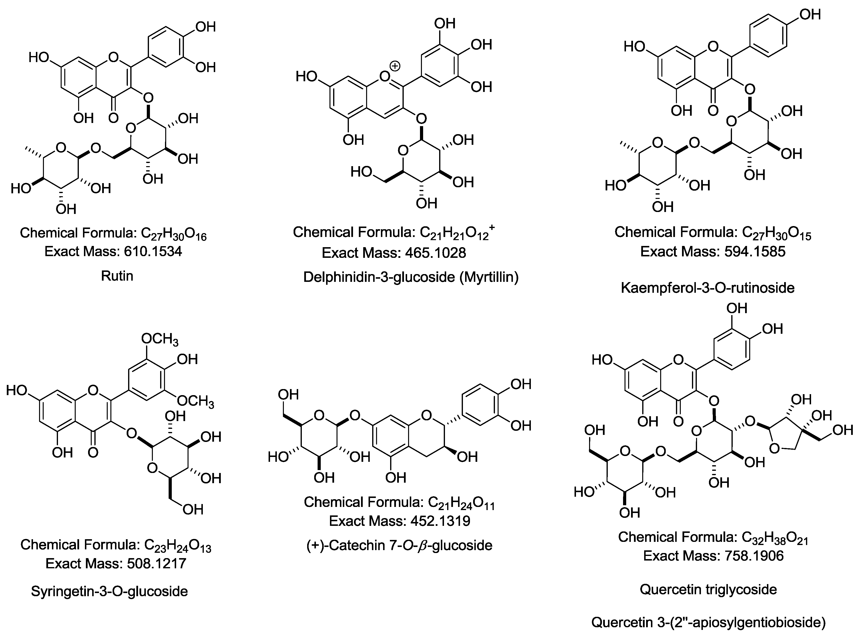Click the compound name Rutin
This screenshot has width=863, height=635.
(117, 276)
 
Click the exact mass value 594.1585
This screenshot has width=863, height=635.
(755, 252)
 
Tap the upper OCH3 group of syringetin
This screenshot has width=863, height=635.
(160, 339)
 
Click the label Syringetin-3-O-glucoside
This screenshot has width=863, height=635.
(110, 591)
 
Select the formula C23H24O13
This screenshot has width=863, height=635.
(178, 545)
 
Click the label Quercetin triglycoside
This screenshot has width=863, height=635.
(708, 589)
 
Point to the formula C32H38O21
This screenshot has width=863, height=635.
(775, 537)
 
